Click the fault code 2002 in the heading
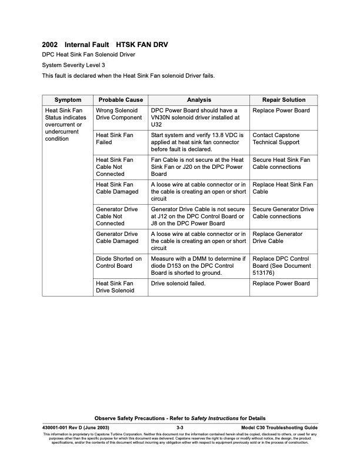click(x=50, y=45)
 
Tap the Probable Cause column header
click(x=121, y=100)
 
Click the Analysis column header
click(x=199, y=100)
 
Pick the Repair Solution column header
click(x=284, y=100)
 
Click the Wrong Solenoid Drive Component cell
click(x=118, y=114)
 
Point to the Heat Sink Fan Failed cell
click(x=114, y=139)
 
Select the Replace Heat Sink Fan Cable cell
click(x=282, y=188)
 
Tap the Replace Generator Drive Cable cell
click(x=277, y=238)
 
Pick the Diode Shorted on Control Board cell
click(x=118, y=262)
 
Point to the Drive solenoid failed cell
click(x=177, y=284)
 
